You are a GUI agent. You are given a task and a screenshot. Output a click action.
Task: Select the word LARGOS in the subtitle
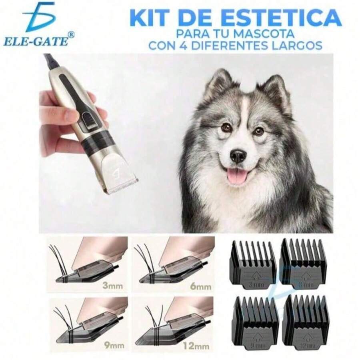click(x=295, y=45)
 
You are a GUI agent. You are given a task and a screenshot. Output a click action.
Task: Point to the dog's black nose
click(x=238, y=156)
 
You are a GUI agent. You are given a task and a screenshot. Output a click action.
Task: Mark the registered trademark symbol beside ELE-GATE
click(x=71, y=35)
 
